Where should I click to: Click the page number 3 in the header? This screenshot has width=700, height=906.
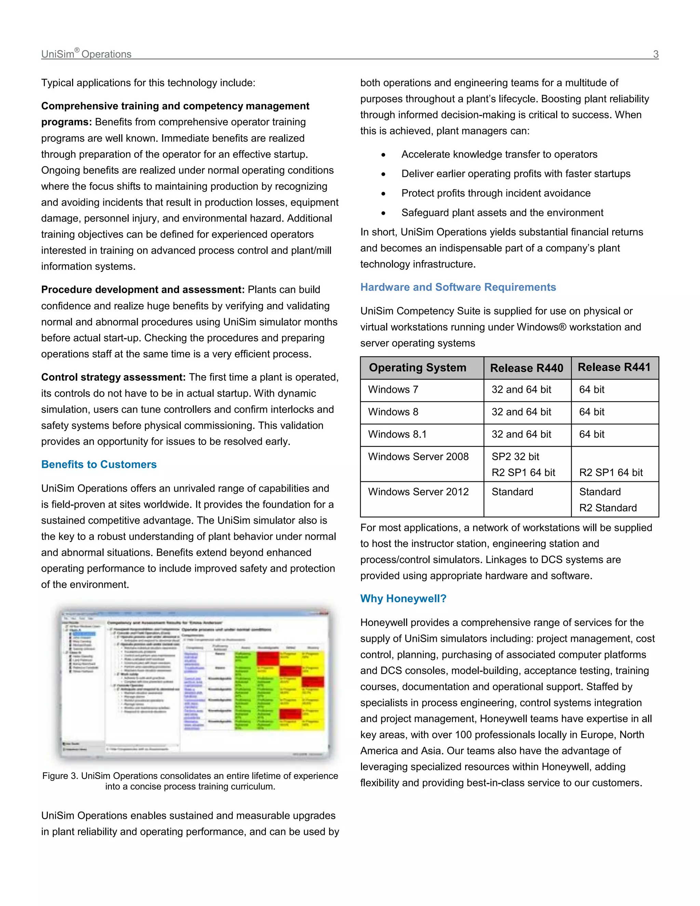(x=656, y=54)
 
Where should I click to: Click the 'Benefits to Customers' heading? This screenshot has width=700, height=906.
(x=99, y=464)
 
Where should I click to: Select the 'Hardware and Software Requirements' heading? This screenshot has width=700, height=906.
(x=458, y=287)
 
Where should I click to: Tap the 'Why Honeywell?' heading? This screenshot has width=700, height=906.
(x=403, y=598)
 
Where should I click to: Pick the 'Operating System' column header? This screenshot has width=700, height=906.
(x=417, y=368)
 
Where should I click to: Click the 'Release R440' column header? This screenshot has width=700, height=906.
(x=526, y=368)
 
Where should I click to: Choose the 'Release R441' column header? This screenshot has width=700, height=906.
(x=614, y=367)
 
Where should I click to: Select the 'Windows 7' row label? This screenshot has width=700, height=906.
(x=393, y=389)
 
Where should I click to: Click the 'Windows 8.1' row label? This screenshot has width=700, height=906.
(x=397, y=434)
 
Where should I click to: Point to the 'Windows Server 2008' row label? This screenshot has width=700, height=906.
(x=418, y=456)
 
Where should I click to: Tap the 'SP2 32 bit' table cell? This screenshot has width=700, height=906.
(x=515, y=456)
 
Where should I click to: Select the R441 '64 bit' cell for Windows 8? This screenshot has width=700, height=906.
(x=591, y=412)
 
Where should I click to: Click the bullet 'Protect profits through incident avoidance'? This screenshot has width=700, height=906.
(x=496, y=193)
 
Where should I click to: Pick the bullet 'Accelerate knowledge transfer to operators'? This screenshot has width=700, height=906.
(x=499, y=154)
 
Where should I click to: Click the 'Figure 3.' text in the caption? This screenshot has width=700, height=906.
(x=60, y=776)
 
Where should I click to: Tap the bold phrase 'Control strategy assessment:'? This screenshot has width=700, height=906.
(x=113, y=377)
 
